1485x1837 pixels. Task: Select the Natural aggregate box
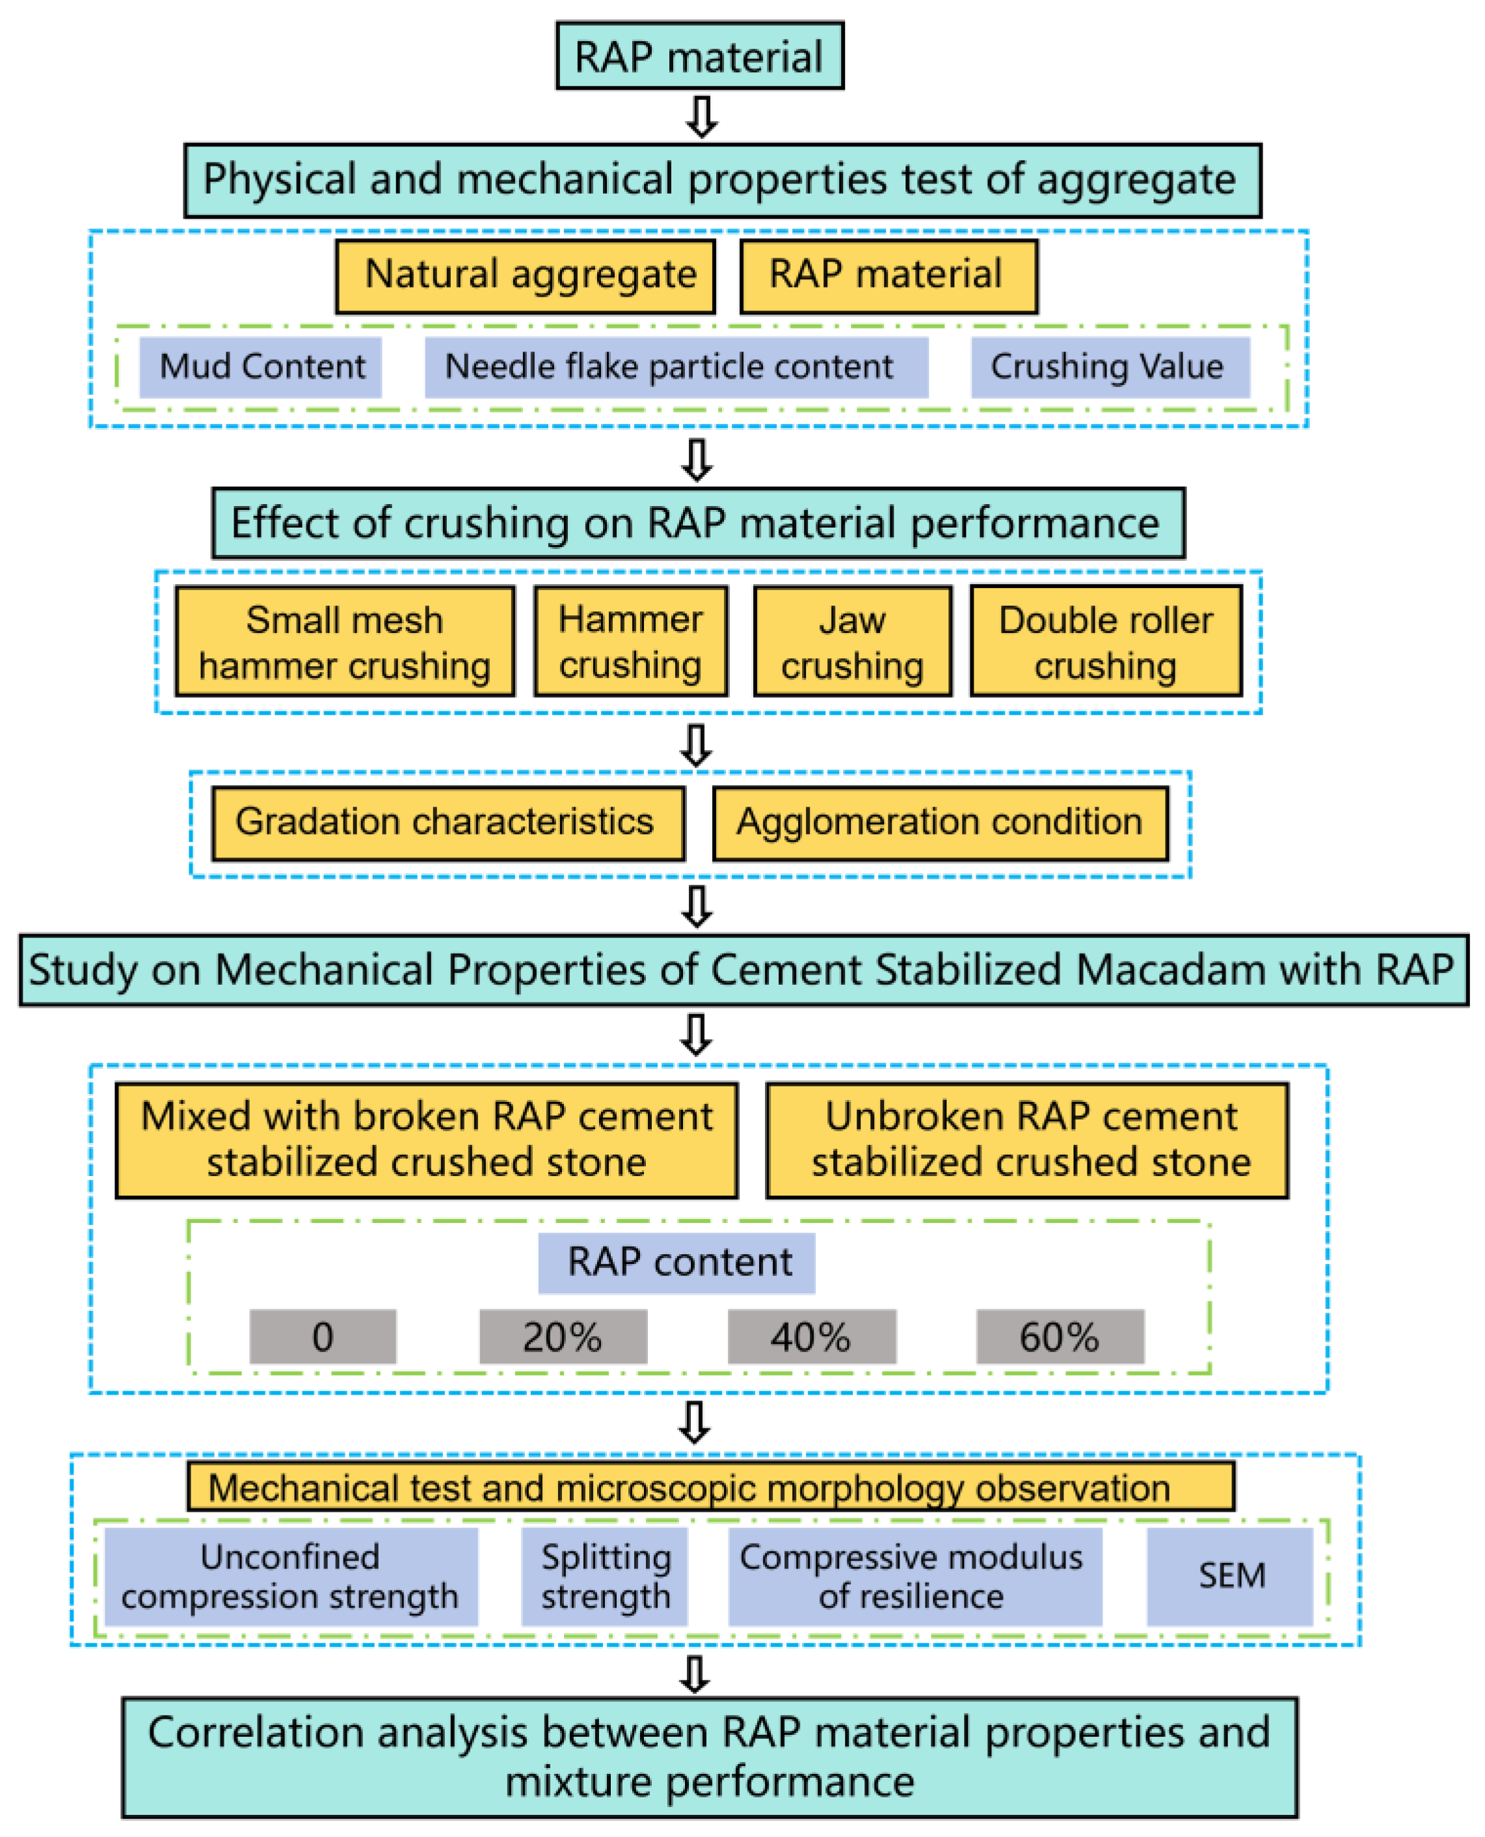pyautogui.click(x=525, y=276)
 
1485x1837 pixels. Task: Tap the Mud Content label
pyautogui.click(x=261, y=367)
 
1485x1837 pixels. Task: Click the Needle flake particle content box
pyautogui.click(x=676, y=367)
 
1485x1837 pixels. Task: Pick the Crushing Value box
pyautogui.click(x=1110, y=367)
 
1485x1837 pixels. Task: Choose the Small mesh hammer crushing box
pyautogui.click(x=345, y=641)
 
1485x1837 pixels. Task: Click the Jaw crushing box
pyautogui.click(x=852, y=641)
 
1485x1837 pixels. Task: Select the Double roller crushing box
pyautogui.click(x=1106, y=641)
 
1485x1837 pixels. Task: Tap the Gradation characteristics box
pyautogui.click(x=448, y=823)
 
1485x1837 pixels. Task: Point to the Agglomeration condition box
pyautogui.click(x=940, y=823)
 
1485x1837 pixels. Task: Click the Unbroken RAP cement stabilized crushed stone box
pyautogui.click(x=1027, y=1140)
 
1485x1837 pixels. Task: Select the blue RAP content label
pyautogui.click(x=676, y=1263)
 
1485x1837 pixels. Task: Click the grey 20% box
pyautogui.click(x=563, y=1337)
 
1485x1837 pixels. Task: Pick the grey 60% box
pyautogui.click(x=1060, y=1337)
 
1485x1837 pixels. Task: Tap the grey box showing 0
pyautogui.click(x=323, y=1337)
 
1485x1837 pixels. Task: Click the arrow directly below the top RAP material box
pyautogui.click(x=701, y=116)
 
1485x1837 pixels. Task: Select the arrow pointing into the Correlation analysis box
pyautogui.click(x=695, y=1674)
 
